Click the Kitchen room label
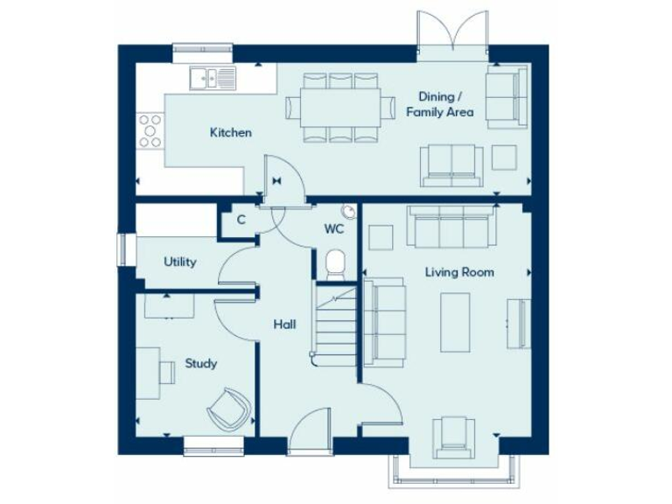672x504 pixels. (230, 133)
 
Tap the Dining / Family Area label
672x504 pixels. (439, 105)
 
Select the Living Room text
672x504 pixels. (459, 272)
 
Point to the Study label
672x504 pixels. (200, 363)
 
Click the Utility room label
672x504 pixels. (179, 262)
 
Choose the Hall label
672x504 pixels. (283, 324)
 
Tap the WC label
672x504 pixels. (333, 229)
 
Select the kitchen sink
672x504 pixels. (211, 79)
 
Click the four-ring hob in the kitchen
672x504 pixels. (150, 130)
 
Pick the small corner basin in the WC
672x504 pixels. (349, 212)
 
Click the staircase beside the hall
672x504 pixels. (336, 328)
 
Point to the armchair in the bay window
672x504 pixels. (454, 436)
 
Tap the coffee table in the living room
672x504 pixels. (454, 322)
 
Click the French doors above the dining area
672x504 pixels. (452, 35)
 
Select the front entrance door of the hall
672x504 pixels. (311, 433)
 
